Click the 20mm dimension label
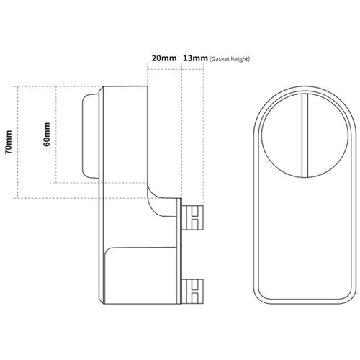(x=164, y=58)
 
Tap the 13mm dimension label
(x=195, y=58)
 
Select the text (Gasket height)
(x=230, y=59)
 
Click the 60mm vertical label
(x=47, y=134)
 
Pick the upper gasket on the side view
(x=193, y=217)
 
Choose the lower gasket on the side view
(x=193, y=292)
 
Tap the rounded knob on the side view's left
(x=91, y=136)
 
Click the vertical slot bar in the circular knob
(x=305, y=135)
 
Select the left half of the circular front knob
(x=282, y=135)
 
